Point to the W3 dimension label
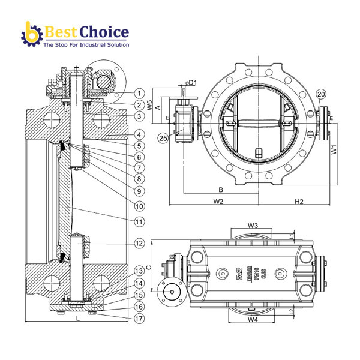(253, 226)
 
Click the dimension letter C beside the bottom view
(149, 268)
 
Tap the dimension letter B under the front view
(221, 190)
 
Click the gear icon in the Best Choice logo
(30, 34)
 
